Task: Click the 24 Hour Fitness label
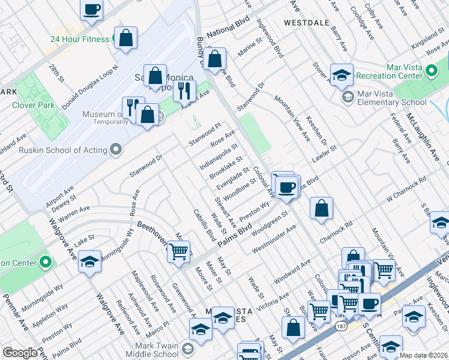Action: (x=80, y=39)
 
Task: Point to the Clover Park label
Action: (x=30, y=105)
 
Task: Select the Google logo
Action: (x=19, y=353)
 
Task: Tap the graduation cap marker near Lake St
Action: (x=89, y=262)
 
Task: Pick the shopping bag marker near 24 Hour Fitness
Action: (x=126, y=37)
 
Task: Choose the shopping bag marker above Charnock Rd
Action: (x=322, y=208)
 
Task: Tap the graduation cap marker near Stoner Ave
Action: (x=342, y=74)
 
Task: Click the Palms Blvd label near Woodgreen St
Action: (x=234, y=235)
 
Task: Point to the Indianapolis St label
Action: (x=219, y=155)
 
